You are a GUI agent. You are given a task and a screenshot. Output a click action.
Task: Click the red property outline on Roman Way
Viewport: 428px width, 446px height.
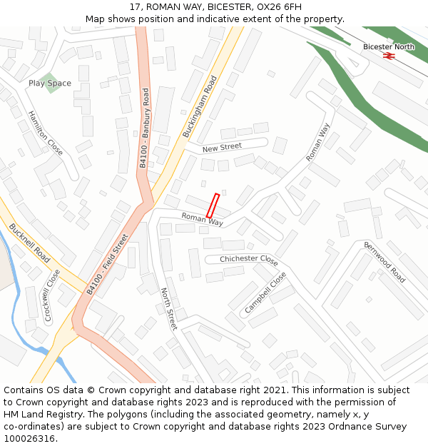point(213,206)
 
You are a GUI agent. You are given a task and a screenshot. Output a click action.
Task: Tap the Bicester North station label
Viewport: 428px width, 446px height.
point(388,47)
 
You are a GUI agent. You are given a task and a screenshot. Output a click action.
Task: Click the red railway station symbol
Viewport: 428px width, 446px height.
point(389,56)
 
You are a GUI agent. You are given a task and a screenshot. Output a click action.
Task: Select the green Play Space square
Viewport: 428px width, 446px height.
point(48,83)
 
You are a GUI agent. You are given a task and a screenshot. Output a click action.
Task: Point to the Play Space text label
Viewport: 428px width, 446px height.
point(50,83)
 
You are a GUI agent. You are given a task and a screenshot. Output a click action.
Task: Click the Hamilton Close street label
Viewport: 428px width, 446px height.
point(45,133)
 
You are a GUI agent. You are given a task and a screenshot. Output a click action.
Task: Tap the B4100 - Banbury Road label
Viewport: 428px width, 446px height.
point(144,128)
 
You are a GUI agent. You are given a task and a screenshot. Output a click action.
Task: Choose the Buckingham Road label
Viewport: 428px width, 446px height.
point(199,106)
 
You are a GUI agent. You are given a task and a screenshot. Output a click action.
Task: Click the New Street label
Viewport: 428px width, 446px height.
point(222,147)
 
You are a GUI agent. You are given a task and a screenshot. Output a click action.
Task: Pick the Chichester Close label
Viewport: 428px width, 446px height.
point(249,260)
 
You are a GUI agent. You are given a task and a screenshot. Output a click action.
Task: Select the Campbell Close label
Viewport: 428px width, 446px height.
point(265,292)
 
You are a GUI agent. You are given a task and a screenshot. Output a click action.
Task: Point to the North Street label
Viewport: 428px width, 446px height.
point(168,309)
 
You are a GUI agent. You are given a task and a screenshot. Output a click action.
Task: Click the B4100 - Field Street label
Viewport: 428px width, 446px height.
point(107,265)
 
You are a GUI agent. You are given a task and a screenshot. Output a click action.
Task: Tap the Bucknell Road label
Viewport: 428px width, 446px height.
point(30,243)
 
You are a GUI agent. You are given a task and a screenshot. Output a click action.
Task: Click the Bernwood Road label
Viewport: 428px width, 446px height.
point(384,263)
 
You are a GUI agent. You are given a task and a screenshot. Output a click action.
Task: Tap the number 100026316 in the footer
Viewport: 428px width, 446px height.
point(29,438)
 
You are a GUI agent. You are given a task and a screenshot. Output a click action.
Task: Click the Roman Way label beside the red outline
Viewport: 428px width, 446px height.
point(202,219)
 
